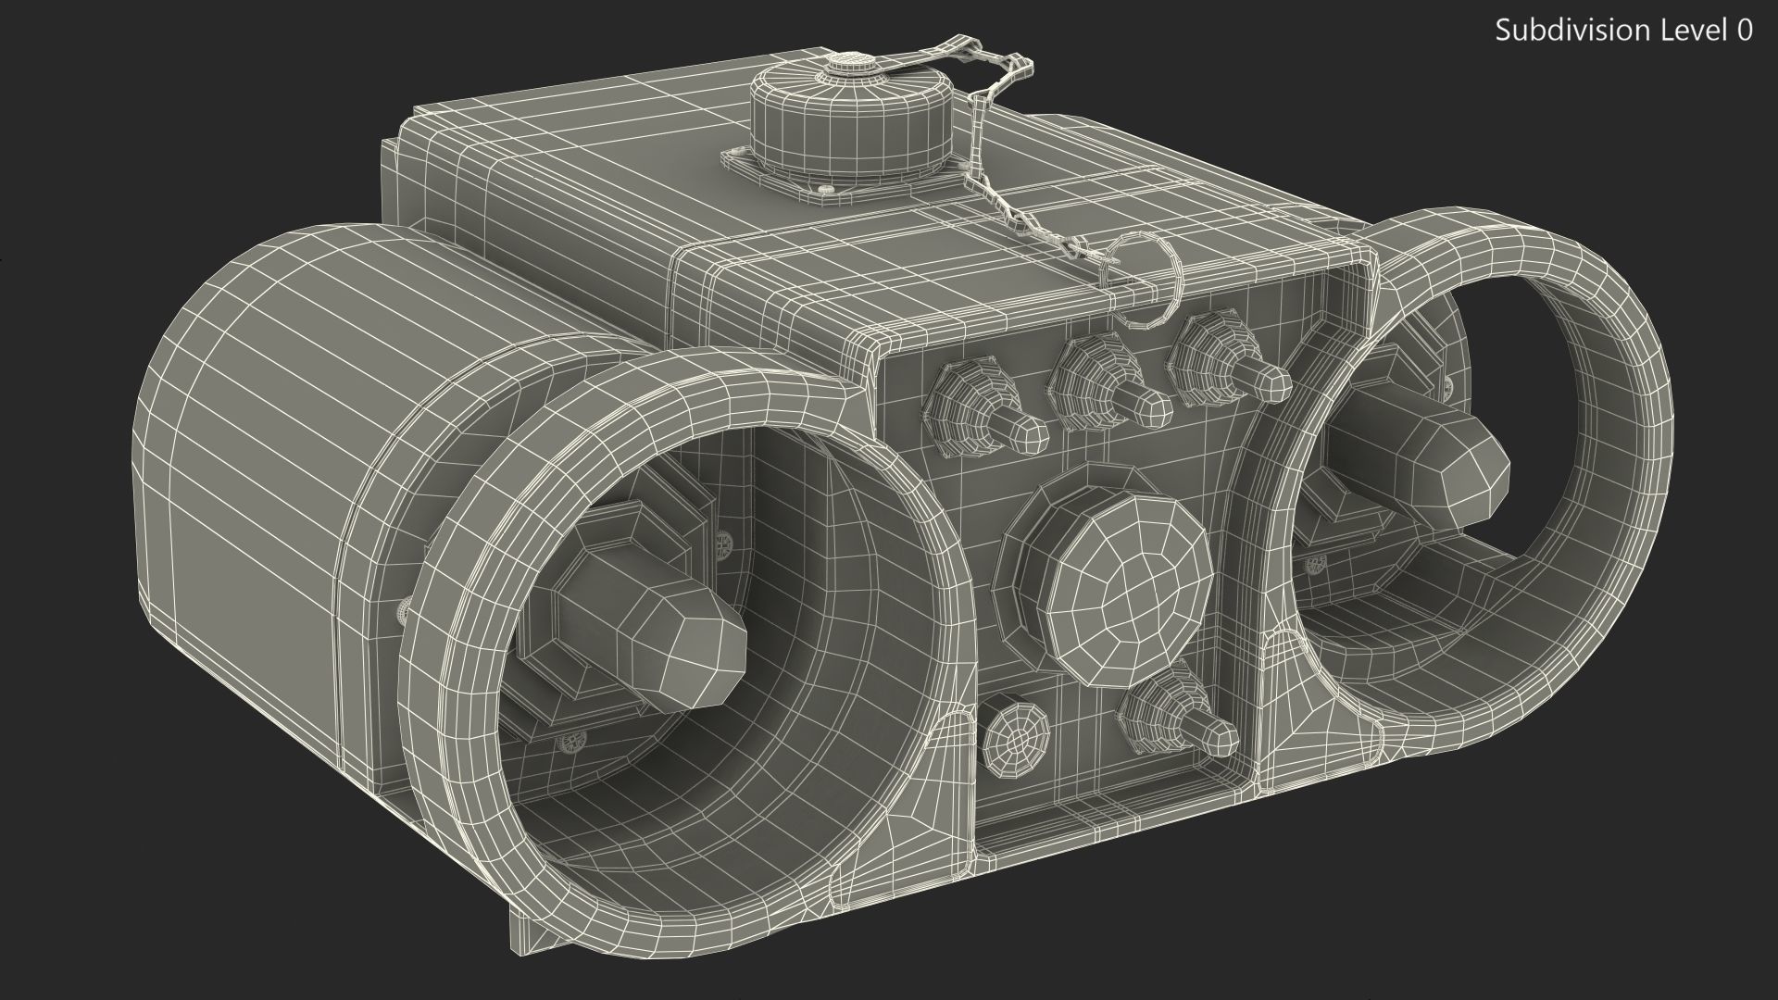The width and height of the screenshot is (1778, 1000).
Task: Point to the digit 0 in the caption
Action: (x=1743, y=31)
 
